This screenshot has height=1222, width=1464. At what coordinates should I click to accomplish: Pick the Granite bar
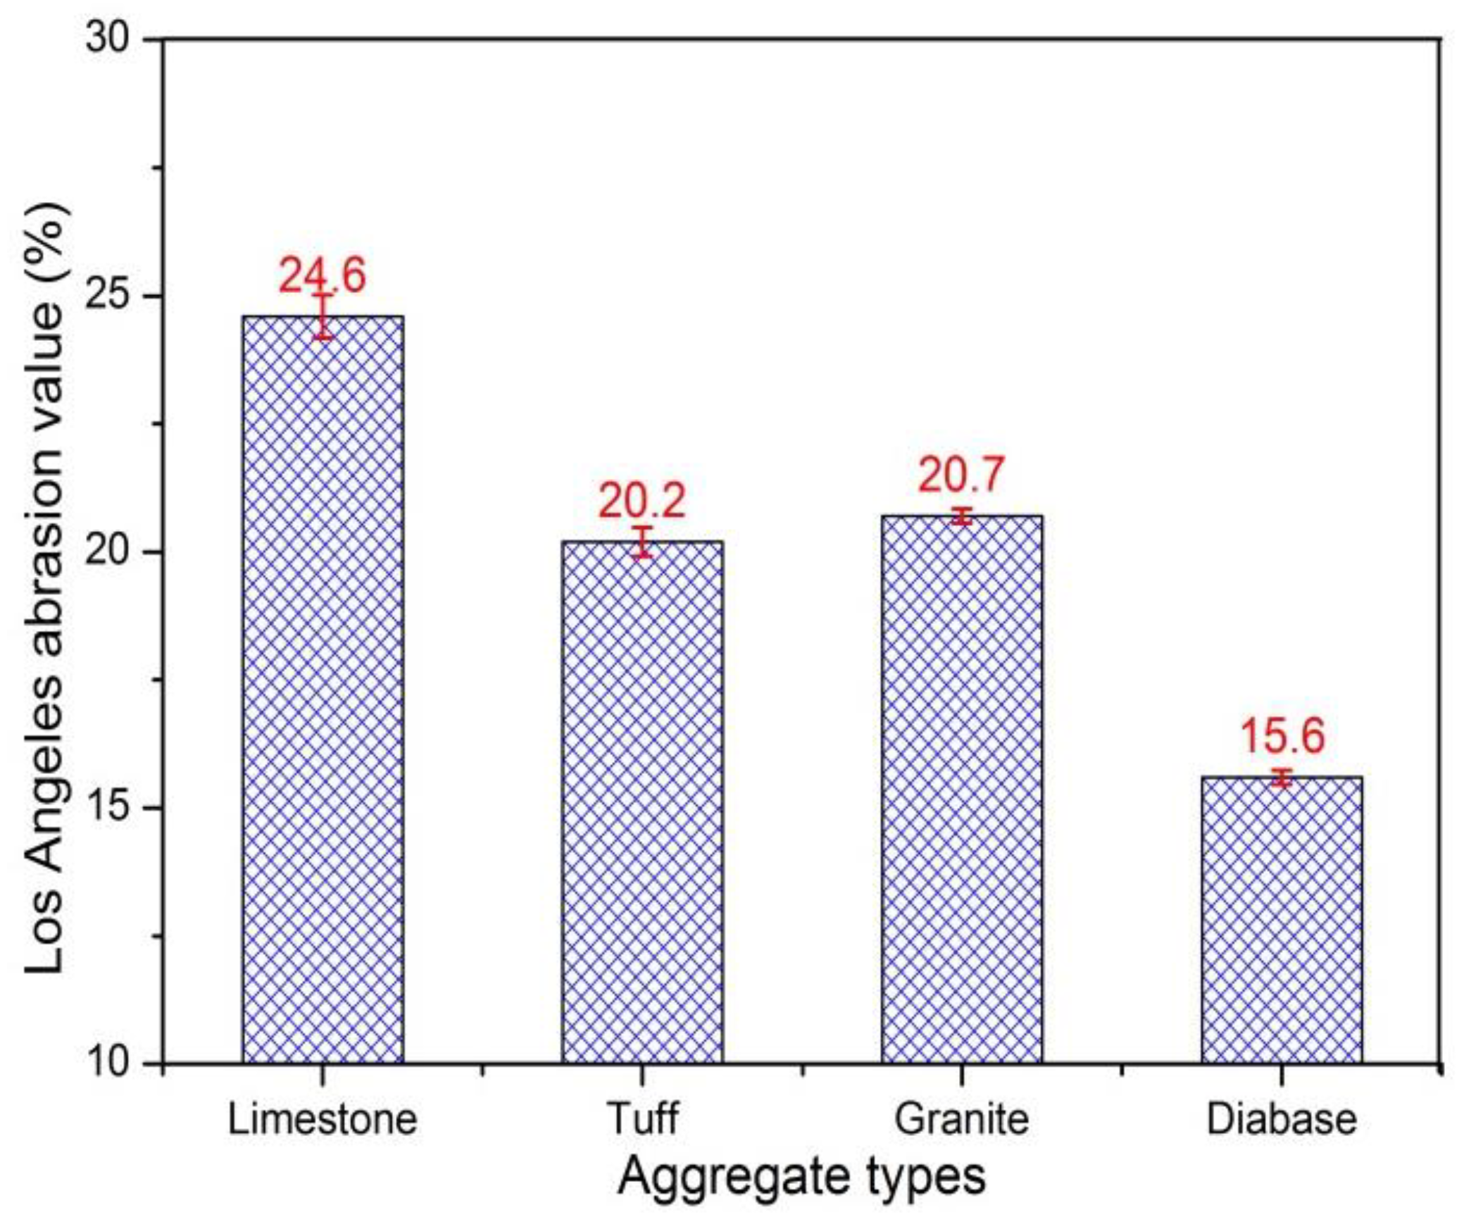tap(961, 789)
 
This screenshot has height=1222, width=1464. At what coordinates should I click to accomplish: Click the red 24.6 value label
tap(323, 275)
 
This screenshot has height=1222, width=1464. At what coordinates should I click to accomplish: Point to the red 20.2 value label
tap(642, 501)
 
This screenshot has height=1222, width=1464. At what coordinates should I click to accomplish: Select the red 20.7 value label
tap(961, 475)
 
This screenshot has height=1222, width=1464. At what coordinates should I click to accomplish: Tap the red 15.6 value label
tap(1282, 736)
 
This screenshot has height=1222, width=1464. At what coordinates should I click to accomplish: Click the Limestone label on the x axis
tap(323, 1118)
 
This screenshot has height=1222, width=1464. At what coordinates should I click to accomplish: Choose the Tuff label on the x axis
tap(642, 1118)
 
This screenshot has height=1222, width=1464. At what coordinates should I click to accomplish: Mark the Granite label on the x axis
tap(961, 1118)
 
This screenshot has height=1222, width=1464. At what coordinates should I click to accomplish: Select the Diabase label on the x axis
tap(1281, 1118)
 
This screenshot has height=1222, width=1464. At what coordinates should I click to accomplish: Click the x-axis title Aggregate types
tap(801, 1176)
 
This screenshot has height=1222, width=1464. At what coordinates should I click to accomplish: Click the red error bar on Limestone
tap(323, 316)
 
